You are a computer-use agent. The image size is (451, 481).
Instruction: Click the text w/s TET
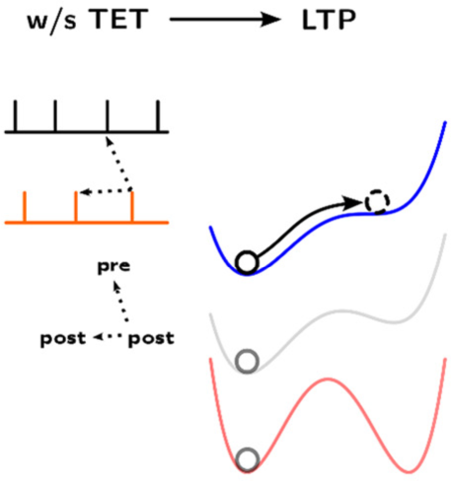click(x=88, y=20)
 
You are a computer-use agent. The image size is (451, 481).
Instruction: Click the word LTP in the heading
click(x=329, y=20)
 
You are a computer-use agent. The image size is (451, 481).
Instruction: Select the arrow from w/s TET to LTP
click(x=225, y=20)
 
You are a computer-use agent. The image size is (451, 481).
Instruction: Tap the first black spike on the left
click(x=15, y=115)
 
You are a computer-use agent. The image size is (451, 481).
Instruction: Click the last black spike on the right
click(x=158, y=115)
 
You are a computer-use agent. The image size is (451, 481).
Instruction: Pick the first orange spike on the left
click(x=25, y=206)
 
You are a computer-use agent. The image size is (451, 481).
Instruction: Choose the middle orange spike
click(x=76, y=206)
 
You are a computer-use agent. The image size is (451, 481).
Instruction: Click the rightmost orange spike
click(x=132, y=206)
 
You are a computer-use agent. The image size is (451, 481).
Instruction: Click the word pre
click(x=113, y=267)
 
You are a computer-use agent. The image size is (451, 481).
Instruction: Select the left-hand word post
click(x=63, y=338)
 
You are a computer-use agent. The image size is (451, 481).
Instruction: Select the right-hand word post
click(x=151, y=338)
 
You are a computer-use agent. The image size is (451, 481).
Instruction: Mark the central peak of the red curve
click(x=328, y=379)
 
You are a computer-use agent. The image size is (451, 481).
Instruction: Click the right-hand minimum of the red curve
click(x=409, y=472)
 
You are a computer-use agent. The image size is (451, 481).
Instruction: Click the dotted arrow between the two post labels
click(x=108, y=336)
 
